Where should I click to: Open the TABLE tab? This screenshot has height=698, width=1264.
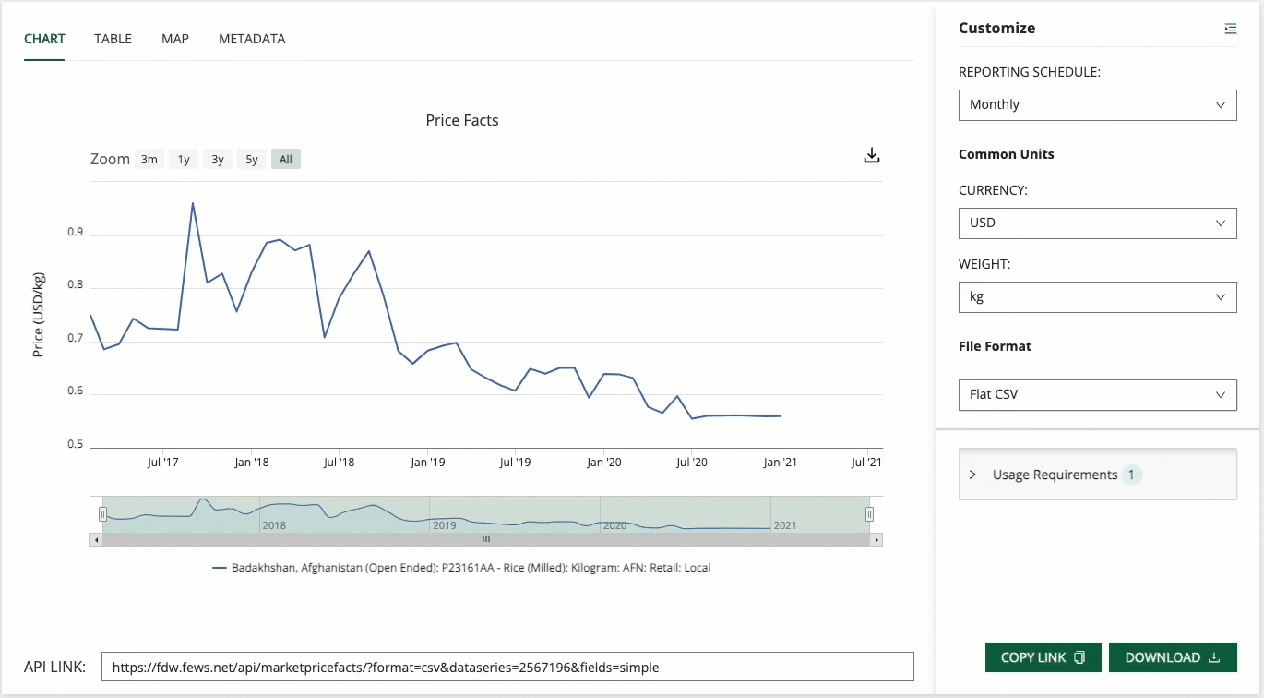[113, 39]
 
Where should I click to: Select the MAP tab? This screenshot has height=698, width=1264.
[175, 39]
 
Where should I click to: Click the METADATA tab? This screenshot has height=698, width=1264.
[252, 39]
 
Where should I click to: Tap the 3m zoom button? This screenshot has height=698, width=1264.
[149, 160]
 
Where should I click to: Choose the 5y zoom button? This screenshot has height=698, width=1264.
[252, 160]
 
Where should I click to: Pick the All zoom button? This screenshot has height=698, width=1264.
[286, 160]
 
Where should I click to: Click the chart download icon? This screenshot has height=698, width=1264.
[872, 156]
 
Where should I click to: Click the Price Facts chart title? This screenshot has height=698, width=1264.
[462, 120]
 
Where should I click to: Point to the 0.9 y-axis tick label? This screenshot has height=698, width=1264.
[75, 233]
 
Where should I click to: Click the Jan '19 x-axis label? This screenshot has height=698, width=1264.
[428, 462]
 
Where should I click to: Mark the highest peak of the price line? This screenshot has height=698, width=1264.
[193, 203]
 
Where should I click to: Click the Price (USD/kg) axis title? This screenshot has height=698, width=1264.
[39, 315]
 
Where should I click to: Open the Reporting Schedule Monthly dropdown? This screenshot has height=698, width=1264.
[1097, 105]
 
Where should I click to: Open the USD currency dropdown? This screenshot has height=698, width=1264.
[1097, 223]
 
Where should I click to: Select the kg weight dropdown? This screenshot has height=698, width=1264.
[1097, 297]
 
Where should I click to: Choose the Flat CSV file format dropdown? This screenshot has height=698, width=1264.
[1097, 395]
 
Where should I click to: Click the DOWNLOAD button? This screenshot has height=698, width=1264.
[1172, 657]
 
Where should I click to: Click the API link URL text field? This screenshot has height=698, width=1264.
[507, 667]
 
